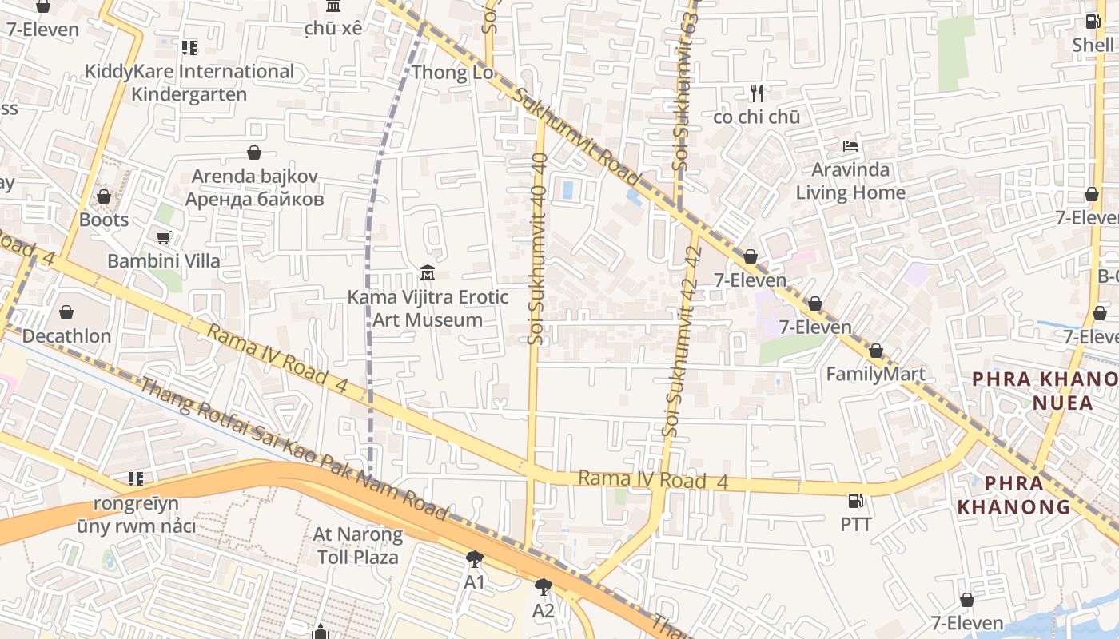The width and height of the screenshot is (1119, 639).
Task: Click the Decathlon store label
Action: (66, 335)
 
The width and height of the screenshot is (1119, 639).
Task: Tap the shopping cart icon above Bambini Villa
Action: (164, 237)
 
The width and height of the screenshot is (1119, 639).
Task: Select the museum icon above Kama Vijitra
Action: (428, 274)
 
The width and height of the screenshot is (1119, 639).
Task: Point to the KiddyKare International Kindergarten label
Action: (189, 83)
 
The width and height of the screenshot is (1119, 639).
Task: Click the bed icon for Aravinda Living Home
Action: (850, 147)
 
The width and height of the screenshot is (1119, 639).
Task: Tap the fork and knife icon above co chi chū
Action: (757, 93)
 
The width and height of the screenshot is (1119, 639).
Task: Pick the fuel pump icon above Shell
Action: (1093, 22)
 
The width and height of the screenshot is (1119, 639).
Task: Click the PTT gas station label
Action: (855, 525)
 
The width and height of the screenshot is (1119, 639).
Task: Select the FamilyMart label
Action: (875, 374)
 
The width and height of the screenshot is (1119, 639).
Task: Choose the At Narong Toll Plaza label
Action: (358, 545)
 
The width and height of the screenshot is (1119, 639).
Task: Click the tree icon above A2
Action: (544, 588)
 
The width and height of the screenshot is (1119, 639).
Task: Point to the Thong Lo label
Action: (452, 73)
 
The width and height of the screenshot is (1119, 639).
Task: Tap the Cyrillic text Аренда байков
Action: (255, 199)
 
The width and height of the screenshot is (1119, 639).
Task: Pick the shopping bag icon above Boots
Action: (104, 196)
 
